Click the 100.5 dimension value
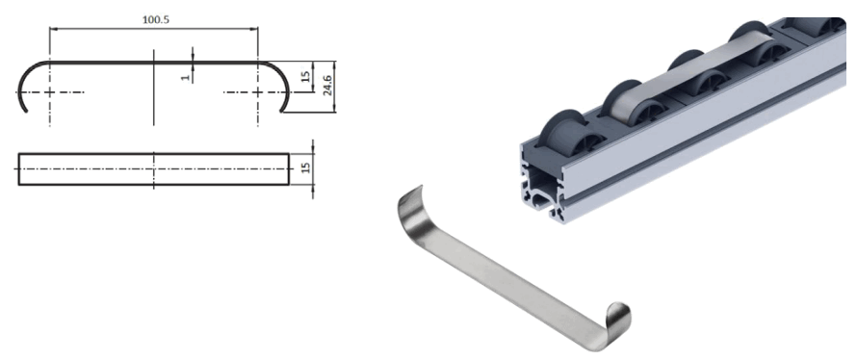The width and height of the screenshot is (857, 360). tap(154, 19)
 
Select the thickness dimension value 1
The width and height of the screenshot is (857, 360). tap(185, 74)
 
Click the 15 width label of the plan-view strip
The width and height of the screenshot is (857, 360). tap(305, 167)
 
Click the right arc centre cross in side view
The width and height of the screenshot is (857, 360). tap(258, 92)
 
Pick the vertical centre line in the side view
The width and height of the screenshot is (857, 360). tap(154, 96)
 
